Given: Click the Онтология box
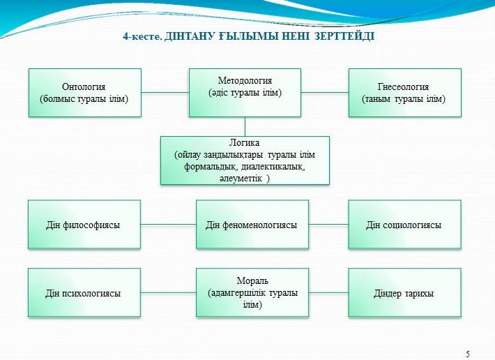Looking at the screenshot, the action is pos(85,93).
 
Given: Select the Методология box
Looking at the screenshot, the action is pos(245,93).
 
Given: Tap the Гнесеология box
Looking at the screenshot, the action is pos(404,93).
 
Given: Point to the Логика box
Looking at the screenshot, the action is pos(245,160).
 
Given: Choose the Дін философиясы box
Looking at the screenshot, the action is pos(84,225).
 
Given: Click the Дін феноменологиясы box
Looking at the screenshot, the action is pos(252,225).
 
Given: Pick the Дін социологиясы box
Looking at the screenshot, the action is pos(404,225).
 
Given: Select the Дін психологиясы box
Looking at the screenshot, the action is pos(84,293).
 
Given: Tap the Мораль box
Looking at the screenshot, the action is pos(252,293).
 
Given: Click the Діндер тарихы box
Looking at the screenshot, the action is pos(404,293).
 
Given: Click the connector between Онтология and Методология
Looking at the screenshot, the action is pos(165,93).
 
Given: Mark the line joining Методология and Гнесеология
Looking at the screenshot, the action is pos(325,93).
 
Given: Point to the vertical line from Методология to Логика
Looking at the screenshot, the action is pos(245,127).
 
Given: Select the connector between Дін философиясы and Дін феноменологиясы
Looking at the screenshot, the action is pos(168,225).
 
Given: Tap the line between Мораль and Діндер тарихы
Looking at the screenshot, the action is pos(328,292).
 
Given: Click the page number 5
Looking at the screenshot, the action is pos(468,354).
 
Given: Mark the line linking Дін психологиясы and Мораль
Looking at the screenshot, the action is pos(168,292).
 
